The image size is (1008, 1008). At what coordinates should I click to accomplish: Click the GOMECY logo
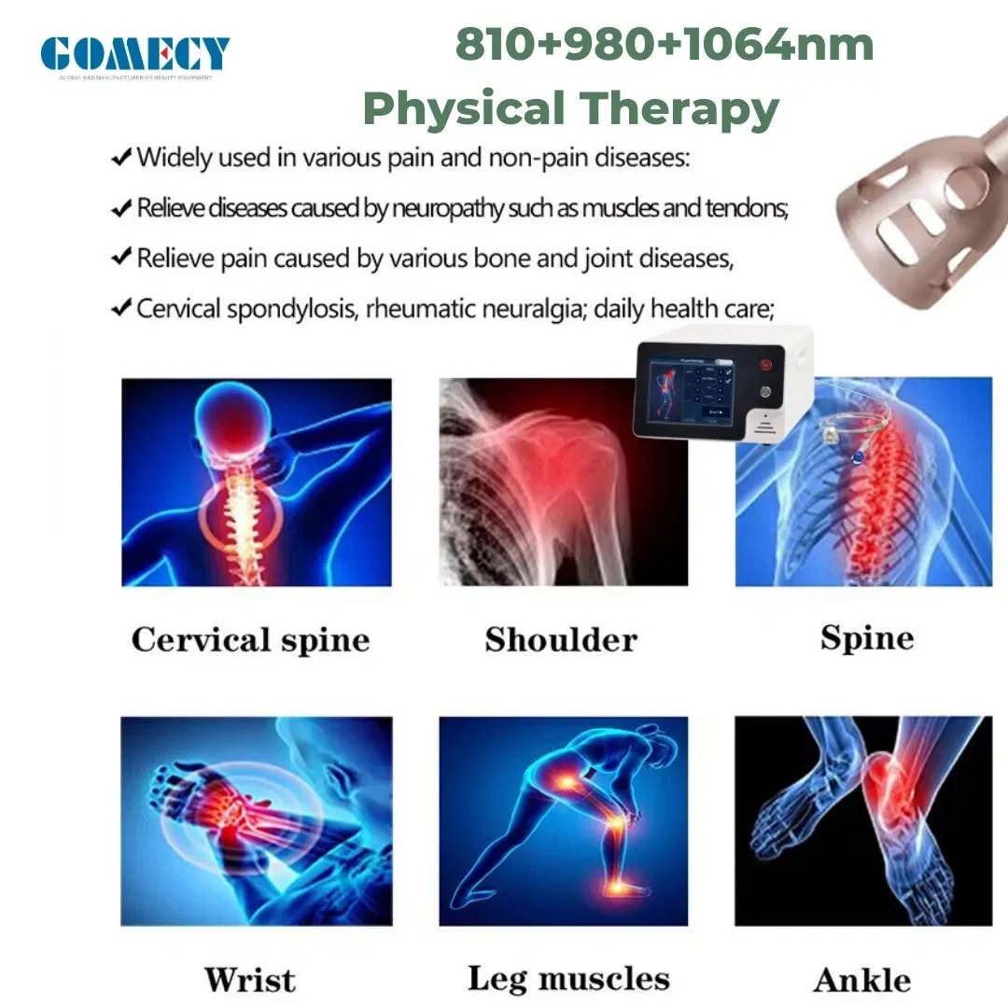(135, 53)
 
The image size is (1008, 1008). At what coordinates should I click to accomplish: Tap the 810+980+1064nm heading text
(664, 46)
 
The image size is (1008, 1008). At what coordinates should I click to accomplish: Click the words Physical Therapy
(570, 108)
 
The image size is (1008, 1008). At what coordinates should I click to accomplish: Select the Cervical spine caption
(250, 640)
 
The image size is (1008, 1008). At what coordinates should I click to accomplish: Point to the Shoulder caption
(561, 640)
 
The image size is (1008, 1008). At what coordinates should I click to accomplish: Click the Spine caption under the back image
(867, 638)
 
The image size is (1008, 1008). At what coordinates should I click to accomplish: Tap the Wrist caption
(250, 980)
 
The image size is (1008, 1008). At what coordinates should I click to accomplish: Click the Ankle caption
(862, 980)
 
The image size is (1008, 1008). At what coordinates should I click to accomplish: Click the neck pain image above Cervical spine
(257, 482)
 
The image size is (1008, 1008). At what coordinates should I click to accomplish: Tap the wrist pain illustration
(257, 820)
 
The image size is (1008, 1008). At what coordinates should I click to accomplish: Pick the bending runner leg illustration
(563, 820)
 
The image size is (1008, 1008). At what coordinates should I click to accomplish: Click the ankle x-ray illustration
(863, 820)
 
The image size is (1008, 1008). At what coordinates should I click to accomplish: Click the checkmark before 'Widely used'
(120, 158)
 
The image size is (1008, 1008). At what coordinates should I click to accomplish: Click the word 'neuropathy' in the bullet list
(444, 208)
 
